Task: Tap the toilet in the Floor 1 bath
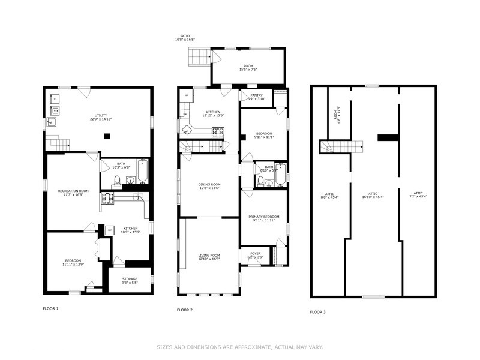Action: click(x=118, y=181)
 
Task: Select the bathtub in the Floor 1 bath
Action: click(x=142, y=173)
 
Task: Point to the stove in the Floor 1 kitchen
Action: click(x=107, y=199)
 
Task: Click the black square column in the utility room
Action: click(x=106, y=136)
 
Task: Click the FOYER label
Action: click(x=254, y=255)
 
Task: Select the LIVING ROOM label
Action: click(x=209, y=257)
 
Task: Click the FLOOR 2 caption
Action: click(x=185, y=310)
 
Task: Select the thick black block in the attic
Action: click(x=388, y=137)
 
